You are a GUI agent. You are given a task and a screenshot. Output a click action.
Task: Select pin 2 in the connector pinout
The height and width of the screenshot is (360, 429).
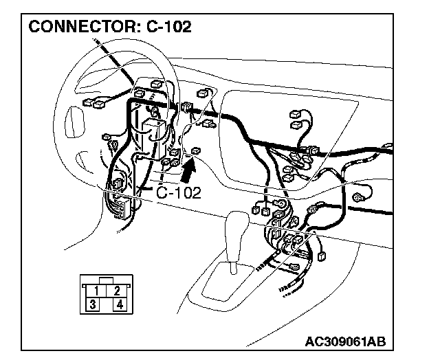tap(118, 290)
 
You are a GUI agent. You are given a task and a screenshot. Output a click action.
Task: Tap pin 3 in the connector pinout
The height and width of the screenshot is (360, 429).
tap(93, 304)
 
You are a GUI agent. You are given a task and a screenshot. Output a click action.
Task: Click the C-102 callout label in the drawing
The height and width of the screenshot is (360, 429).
tap(178, 193)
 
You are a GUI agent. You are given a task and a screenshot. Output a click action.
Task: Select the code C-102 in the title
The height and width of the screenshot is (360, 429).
tap(168, 27)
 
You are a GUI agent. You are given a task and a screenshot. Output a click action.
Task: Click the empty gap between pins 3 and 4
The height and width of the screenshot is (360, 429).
tap(107, 304)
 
